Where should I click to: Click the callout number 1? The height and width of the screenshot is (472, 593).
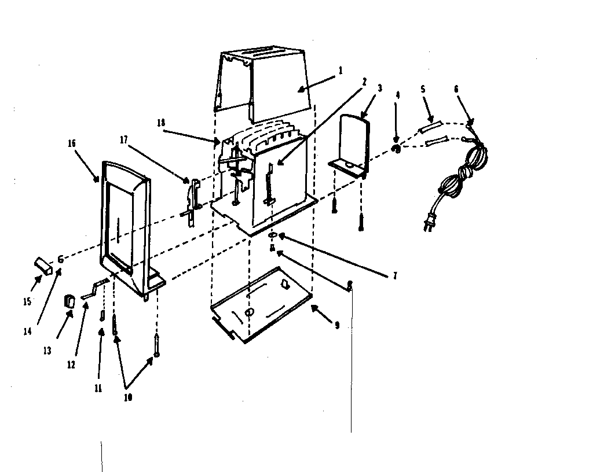click(x=341, y=71)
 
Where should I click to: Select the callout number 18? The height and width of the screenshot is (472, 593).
click(x=161, y=123)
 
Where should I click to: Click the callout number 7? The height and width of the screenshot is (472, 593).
click(x=394, y=276)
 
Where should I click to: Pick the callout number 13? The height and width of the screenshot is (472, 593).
click(x=47, y=350)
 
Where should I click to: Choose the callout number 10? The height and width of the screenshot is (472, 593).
click(x=127, y=398)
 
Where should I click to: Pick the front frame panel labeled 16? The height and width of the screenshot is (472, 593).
click(x=125, y=220)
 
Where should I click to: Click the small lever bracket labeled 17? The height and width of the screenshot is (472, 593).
click(x=195, y=197)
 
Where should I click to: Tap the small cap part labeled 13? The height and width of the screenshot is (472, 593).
click(x=69, y=301)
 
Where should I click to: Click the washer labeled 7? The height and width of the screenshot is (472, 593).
click(x=273, y=235)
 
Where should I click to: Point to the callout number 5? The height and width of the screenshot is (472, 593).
click(x=423, y=89)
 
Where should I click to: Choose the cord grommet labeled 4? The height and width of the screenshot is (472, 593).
click(x=397, y=149)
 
